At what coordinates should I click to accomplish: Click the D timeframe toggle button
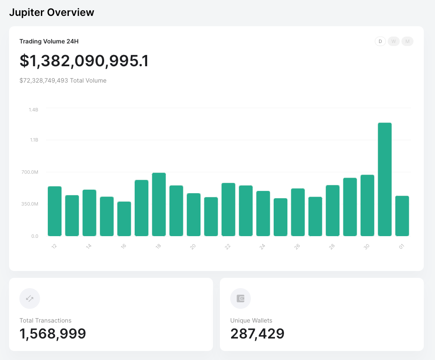(x=380, y=41)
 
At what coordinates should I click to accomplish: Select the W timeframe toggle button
(x=393, y=41)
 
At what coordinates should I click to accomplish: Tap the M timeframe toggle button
(x=407, y=41)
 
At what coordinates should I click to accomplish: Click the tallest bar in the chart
(x=385, y=179)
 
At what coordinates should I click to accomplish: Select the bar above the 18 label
(x=159, y=204)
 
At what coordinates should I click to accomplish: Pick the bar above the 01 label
(x=402, y=216)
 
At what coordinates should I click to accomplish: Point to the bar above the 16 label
(x=124, y=219)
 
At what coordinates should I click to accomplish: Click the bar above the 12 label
(x=55, y=211)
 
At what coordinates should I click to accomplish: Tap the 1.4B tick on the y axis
(x=33, y=110)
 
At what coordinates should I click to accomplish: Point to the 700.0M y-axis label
(x=30, y=172)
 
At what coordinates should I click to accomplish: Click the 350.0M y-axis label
(x=30, y=204)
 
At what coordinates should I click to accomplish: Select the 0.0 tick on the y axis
(x=35, y=236)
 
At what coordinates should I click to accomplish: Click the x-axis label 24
(x=262, y=246)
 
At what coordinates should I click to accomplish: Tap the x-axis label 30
(x=367, y=246)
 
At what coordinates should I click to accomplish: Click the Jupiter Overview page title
(x=52, y=12)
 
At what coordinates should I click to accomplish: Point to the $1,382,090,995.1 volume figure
(x=84, y=61)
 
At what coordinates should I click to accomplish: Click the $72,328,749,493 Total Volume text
(x=63, y=80)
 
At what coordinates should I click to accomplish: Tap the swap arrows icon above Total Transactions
(x=30, y=298)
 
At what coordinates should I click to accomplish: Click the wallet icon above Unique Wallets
(x=241, y=298)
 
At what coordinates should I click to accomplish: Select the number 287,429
(x=257, y=334)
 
